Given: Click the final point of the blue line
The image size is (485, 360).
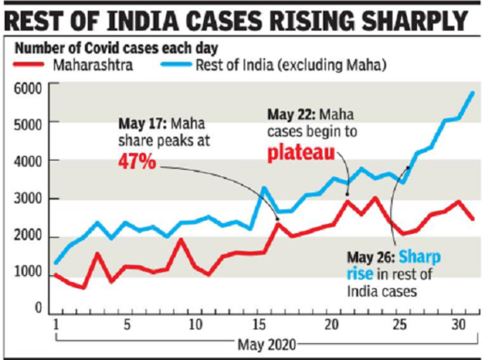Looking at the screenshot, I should (x=472, y=93).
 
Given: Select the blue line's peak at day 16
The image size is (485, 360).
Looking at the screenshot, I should (x=264, y=188).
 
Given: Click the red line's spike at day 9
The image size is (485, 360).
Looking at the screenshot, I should (x=179, y=239).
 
